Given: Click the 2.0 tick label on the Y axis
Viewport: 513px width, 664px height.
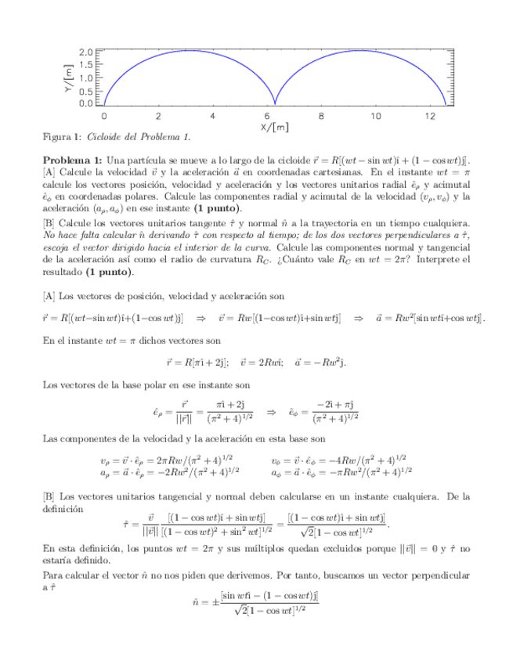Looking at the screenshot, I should pos(88,52).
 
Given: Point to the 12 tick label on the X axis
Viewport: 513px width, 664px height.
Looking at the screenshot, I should pos(428,115).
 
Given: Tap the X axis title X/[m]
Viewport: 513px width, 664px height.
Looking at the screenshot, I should pos(274,126).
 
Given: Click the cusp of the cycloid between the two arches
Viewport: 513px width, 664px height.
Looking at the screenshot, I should pos(274,103).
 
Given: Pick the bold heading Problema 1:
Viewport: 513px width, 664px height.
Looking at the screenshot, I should pos(72,161).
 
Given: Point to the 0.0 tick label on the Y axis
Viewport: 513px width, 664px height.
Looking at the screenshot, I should pos(88,103).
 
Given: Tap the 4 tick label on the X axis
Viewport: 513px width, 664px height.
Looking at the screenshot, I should pos(212,115).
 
